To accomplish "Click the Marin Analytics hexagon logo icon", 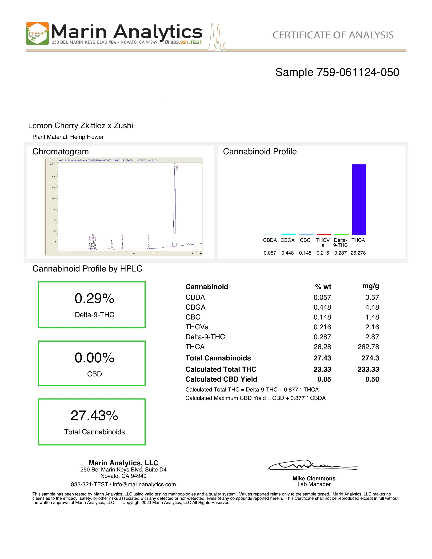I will click(x=37, y=34).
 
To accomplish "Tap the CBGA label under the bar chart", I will click(x=287, y=240).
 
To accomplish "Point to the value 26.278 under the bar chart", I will click(x=358, y=253).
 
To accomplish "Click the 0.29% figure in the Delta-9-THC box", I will click(x=94, y=299).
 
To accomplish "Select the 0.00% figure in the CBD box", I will click(x=94, y=358).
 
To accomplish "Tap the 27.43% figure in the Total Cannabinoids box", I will click(x=94, y=415).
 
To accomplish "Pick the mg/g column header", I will click(x=370, y=286).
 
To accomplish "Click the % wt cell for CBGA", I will click(x=322, y=307).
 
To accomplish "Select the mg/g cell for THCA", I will click(x=368, y=347).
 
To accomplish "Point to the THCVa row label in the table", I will click(x=197, y=327).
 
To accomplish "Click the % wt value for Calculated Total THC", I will click(x=322, y=369).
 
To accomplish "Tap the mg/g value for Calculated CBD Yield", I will click(x=372, y=379).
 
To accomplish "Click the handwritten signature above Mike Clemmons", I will click(x=313, y=465).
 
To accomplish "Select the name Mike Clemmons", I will click(x=314, y=478).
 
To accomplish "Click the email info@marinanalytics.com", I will click(x=144, y=484).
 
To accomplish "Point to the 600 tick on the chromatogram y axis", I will click(x=54, y=177).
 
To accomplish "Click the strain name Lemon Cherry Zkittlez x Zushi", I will click(x=80, y=126).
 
